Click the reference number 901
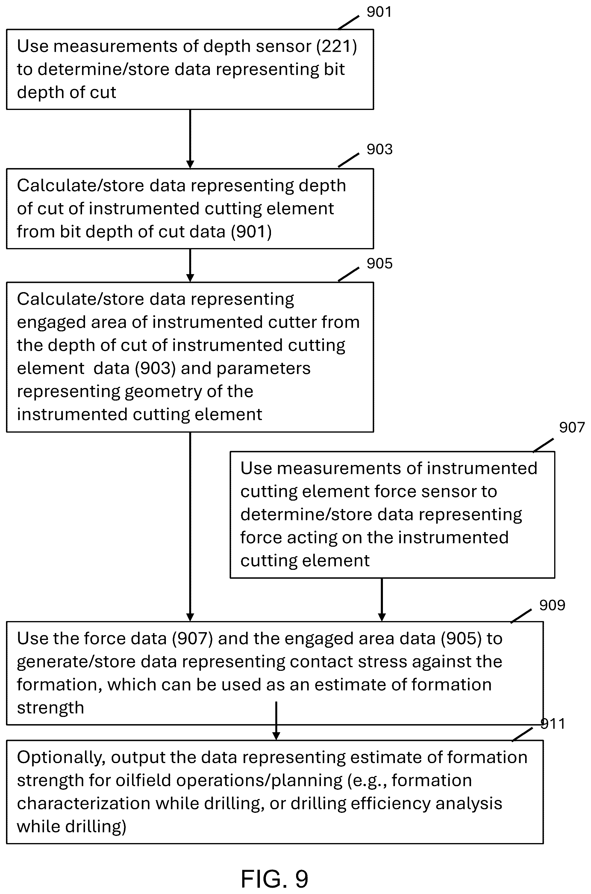(x=379, y=12)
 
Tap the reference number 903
(x=380, y=149)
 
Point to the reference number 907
(x=572, y=427)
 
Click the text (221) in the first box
(x=337, y=46)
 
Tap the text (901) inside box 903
(x=251, y=232)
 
